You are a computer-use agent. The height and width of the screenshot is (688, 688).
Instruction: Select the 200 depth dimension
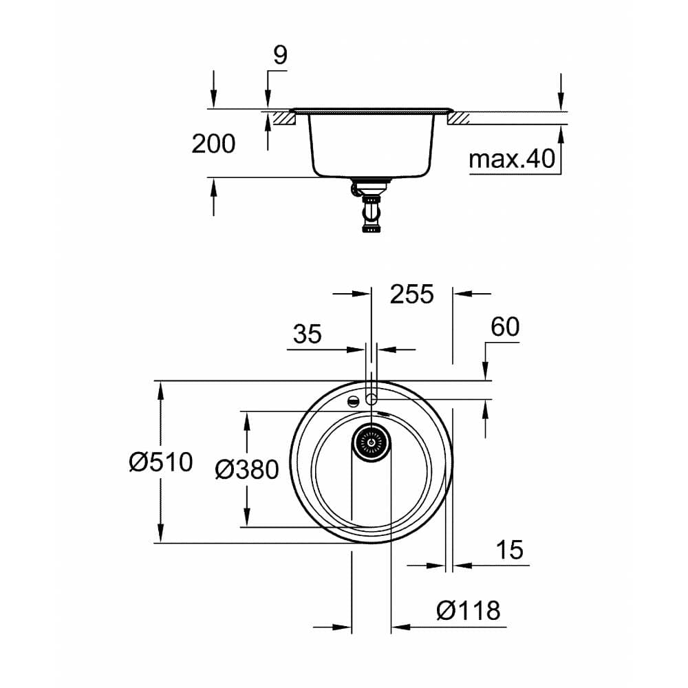213,144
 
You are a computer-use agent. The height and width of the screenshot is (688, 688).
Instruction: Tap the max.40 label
511,159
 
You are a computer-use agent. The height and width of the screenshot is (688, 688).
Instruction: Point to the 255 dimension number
412,294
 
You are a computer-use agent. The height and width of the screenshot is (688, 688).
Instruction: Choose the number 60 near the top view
505,327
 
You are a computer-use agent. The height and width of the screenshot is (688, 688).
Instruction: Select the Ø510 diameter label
160,462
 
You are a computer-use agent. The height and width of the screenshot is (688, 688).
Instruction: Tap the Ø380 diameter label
246,470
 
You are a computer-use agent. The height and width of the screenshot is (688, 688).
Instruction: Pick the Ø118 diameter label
468,610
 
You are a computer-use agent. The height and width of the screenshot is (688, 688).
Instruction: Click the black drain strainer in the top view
372,440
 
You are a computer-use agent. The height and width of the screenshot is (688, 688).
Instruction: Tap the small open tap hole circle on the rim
372,399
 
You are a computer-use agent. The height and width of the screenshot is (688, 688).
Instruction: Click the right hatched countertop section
458,118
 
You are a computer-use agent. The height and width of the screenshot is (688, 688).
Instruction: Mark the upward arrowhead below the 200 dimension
213,186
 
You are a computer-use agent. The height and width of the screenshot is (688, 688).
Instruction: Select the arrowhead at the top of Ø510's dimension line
160,389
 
